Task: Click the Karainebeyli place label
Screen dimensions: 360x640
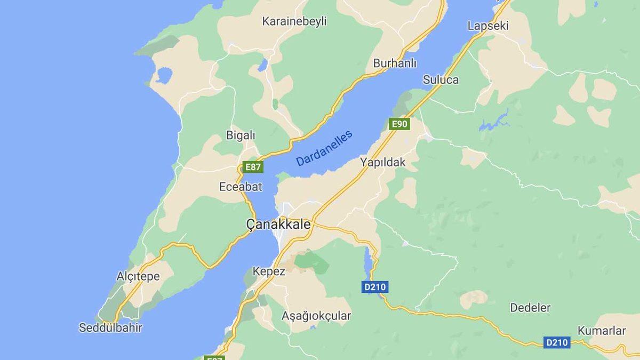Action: click(x=294, y=21)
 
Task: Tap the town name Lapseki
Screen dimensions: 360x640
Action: click(x=487, y=26)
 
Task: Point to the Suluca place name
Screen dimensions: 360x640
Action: click(x=441, y=80)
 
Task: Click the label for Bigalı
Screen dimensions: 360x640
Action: click(x=241, y=135)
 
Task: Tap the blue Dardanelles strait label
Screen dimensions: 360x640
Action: click(x=324, y=148)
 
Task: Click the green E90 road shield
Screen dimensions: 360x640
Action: click(x=399, y=124)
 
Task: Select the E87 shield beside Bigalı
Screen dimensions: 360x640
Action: click(x=252, y=167)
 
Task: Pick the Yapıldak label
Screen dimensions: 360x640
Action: click(x=382, y=162)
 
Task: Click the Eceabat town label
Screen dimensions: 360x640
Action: click(x=241, y=187)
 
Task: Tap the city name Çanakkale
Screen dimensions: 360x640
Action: click(x=278, y=225)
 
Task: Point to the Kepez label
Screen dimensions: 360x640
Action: click(x=269, y=271)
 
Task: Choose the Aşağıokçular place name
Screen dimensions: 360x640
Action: click(x=316, y=316)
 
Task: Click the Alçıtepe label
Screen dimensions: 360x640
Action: click(x=138, y=276)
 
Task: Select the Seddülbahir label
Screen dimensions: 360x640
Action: click(x=110, y=327)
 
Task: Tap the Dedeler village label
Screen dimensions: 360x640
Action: click(x=530, y=308)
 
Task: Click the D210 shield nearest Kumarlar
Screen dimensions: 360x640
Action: click(x=557, y=342)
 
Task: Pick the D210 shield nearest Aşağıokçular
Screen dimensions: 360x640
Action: click(x=375, y=287)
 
